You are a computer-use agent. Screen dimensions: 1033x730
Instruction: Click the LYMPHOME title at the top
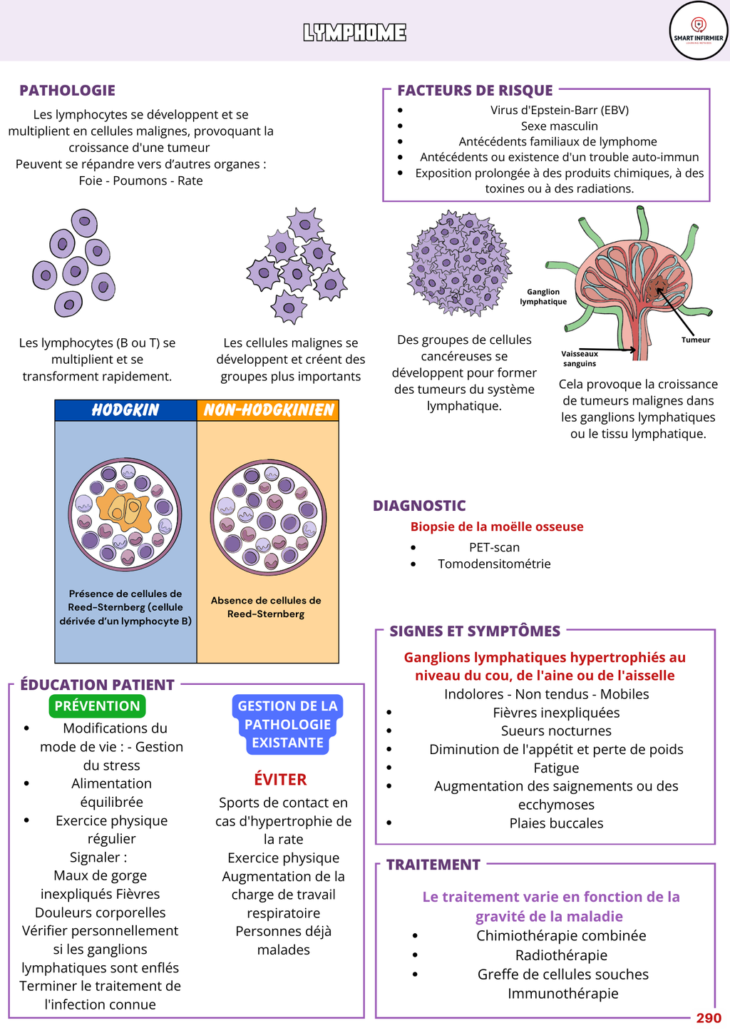pos(354,33)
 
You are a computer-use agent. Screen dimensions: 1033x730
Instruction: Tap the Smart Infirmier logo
pos(698,31)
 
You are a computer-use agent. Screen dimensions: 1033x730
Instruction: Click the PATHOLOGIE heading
pos(67,91)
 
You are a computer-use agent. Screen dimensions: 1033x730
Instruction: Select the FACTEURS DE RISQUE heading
pos(475,91)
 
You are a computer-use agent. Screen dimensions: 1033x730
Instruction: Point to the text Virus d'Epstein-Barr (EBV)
pos(559,110)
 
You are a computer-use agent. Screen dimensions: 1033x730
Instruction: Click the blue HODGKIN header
pos(125,410)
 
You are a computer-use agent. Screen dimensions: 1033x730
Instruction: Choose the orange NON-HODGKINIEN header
pos(268,410)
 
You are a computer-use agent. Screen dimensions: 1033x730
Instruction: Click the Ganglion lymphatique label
pos(543,297)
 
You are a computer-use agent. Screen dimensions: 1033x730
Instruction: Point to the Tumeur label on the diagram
pos(695,340)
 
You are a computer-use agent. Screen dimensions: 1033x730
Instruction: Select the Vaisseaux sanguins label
pos(580,358)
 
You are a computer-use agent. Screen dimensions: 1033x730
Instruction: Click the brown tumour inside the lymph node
pos(657,287)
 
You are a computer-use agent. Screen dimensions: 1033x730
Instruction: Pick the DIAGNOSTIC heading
pos(419,506)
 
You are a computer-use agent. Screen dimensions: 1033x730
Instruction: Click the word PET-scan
pos(494,547)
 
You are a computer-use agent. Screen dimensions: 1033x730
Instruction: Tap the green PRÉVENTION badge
pos(97,706)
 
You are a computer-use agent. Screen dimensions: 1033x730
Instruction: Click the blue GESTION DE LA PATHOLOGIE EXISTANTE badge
pos(287,724)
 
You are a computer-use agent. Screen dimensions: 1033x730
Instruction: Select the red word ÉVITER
pos(280,780)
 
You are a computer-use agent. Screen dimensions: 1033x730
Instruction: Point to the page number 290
pos(709,1018)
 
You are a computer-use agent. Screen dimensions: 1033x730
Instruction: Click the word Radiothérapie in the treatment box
pos(561,955)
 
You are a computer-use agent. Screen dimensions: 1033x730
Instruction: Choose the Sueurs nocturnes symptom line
pos(556,731)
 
